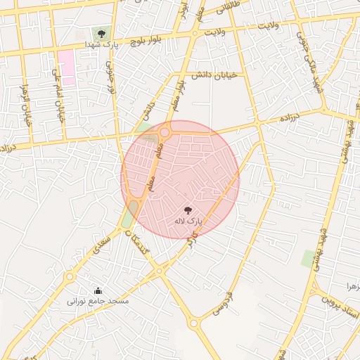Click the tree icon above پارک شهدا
(x=102, y=33)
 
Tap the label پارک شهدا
(x=101, y=44)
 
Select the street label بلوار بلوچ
(x=146, y=42)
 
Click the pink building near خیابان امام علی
(x=67, y=65)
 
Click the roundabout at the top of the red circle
(x=165, y=131)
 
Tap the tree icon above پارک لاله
(x=188, y=210)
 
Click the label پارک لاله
(x=188, y=221)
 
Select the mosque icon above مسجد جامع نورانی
(x=98, y=290)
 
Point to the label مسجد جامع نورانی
(x=98, y=301)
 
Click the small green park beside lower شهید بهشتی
(x=308, y=258)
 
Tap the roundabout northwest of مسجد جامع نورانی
(x=70, y=277)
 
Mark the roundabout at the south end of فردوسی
(x=195, y=323)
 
